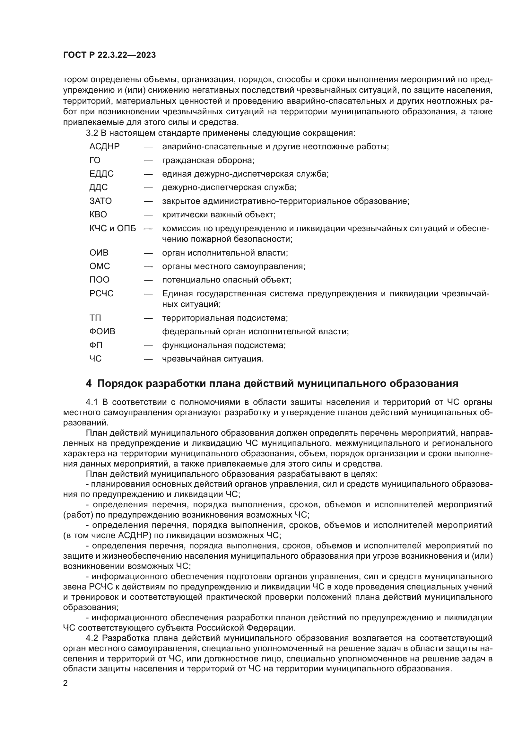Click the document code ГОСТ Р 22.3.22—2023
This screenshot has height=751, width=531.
(109, 55)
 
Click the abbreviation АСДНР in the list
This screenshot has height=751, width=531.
(105, 146)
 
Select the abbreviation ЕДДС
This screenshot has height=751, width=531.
(102, 174)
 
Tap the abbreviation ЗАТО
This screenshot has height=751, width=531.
(101, 201)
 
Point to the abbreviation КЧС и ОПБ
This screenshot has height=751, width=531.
(113, 228)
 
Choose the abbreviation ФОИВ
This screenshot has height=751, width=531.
(102, 332)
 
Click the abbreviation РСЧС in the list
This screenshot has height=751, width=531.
(102, 293)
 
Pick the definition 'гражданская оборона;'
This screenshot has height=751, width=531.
(208, 160)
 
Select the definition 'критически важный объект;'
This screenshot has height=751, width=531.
(219, 214)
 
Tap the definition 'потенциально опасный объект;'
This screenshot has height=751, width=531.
(227, 280)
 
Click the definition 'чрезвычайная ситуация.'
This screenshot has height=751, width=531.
(213, 359)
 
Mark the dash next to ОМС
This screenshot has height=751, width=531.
(148, 266)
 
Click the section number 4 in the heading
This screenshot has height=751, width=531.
(89, 383)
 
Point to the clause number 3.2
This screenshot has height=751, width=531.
(91, 133)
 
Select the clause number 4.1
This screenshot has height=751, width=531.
(91, 402)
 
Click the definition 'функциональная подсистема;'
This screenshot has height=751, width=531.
(224, 345)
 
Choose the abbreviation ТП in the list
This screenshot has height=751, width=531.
(95, 318)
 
